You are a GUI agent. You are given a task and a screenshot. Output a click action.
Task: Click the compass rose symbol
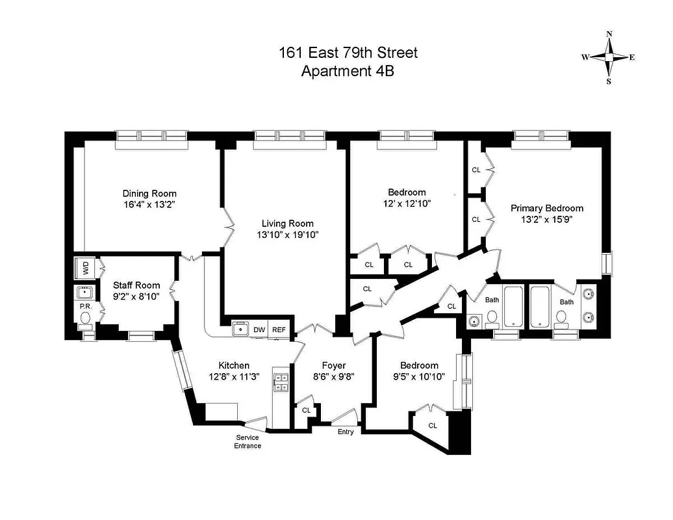coord(609,58)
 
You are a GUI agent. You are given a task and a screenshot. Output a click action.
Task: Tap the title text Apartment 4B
coord(348,71)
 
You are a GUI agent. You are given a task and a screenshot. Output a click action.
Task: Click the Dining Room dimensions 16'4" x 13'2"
coord(149,205)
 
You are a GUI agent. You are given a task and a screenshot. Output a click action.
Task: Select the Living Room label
coord(286,224)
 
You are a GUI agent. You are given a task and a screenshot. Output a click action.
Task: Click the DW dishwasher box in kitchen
coord(259,330)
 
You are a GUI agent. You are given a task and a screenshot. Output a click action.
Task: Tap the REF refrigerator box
coord(279,330)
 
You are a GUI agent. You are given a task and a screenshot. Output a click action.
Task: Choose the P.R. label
coord(84,305)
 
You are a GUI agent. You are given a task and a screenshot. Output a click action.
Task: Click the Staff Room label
coord(133,285)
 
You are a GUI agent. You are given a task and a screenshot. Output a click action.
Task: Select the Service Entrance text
coord(248,441)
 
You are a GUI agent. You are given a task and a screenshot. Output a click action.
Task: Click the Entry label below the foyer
coord(346,432)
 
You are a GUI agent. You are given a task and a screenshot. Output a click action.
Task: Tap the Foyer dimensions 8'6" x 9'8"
coord(334,376)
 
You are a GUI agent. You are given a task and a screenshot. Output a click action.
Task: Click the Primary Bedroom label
coord(546,208)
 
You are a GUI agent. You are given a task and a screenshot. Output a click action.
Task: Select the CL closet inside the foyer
coord(307,411)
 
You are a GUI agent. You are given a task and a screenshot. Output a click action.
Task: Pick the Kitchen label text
coord(233,365)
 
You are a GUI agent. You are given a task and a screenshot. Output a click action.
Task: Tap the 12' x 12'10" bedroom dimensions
coord(407,203)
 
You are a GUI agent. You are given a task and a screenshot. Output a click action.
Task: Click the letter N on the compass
coord(609,34)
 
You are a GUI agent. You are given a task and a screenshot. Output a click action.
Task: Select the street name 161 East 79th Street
coord(348,53)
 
